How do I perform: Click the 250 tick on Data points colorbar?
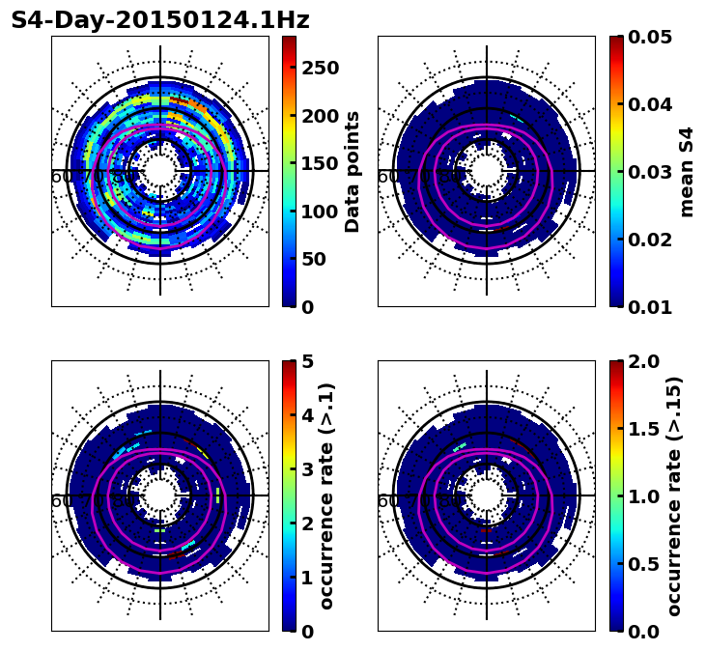(x=319, y=68)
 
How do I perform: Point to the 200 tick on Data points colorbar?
(x=319, y=116)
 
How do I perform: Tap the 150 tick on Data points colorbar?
(x=319, y=163)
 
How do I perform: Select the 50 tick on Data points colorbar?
(x=319, y=259)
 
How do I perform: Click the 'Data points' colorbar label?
(x=353, y=171)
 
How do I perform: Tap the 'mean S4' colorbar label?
(x=687, y=171)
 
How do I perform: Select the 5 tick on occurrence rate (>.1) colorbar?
(x=307, y=361)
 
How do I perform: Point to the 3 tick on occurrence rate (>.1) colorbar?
(x=307, y=469)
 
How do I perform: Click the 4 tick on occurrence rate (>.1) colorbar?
(x=307, y=415)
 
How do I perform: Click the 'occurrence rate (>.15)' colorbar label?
(x=674, y=495)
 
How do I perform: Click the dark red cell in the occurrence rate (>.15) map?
(x=486, y=530)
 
